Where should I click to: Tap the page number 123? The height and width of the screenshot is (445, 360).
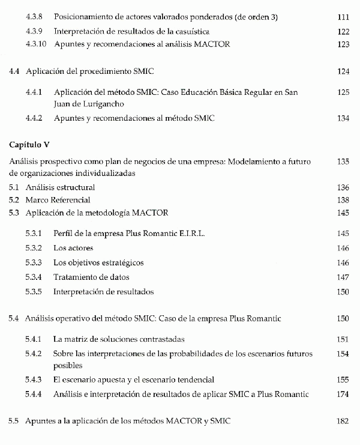coord(343,44)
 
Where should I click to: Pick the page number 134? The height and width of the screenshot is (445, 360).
coord(343,118)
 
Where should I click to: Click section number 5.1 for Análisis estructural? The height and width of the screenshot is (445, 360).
coord(14,187)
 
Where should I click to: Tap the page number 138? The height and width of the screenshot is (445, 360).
coord(343,200)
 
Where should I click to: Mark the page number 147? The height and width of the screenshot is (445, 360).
coord(343,277)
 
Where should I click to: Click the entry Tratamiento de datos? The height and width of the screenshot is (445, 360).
coord(91,277)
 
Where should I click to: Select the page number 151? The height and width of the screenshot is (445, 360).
coord(343,339)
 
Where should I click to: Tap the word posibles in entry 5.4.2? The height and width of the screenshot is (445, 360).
coord(68,365)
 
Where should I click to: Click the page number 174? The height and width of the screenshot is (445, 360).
coord(343,394)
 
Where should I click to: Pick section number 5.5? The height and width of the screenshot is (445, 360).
coord(14,422)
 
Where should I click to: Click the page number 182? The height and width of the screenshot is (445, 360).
coord(343,422)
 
